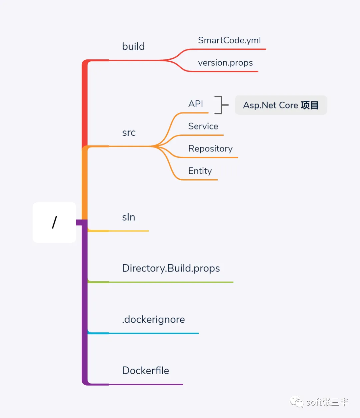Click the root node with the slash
click(x=54, y=222)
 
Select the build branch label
click(x=133, y=46)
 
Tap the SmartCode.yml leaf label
click(x=229, y=40)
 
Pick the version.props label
click(x=225, y=63)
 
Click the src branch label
click(x=129, y=132)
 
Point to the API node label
click(x=196, y=104)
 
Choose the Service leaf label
click(x=203, y=126)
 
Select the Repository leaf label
click(x=210, y=148)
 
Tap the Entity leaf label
click(x=200, y=171)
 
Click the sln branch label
click(x=129, y=217)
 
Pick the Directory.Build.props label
click(x=171, y=268)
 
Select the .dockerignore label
click(x=153, y=320)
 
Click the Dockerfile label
click(x=146, y=371)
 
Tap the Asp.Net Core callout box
click(x=281, y=105)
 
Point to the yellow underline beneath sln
click(x=128, y=231)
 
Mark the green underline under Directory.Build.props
click(x=170, y=282)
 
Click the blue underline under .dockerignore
click(x=153, y=333)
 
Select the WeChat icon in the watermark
click(x=296, y=402)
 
